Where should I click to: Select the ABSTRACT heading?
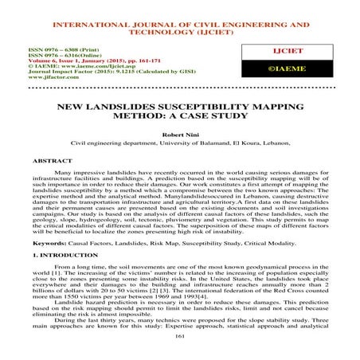35,158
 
